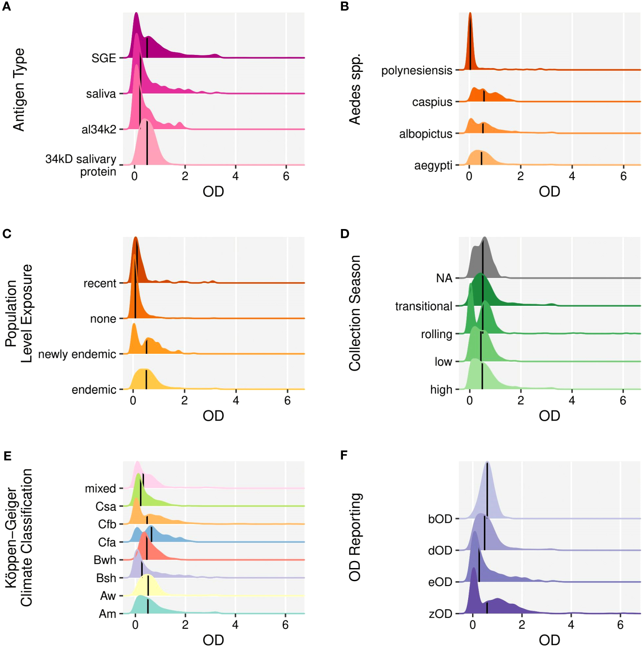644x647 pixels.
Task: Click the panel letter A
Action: click(x=6, y=7)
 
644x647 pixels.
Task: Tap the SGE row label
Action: click(x=103, y=58)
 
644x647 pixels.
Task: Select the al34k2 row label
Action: click(x=99, y=130)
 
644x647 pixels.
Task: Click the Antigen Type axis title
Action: click(x=19, y=89)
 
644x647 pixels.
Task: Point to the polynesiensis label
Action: click(x=416, y=70)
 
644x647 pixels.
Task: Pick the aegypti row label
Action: click(x=433, y=166)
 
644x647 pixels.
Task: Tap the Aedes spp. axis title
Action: click(x=355, y=89)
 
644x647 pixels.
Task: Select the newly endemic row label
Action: click(x=77, y=354)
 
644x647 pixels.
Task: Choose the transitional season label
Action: click(x=423, y=306)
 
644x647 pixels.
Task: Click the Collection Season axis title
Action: click(x=355, y=313)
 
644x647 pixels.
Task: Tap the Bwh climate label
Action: click(x=105, y=560)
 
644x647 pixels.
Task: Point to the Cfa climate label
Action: click(x=107, y=542)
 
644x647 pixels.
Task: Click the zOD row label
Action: click(x=440, y=614)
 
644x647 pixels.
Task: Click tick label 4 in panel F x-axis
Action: click(x=571, y=625)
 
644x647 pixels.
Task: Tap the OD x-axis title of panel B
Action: click(x=549, y=192)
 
